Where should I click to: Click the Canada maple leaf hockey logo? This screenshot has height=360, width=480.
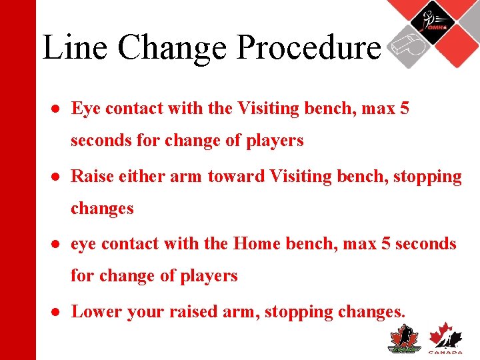click(445, 337)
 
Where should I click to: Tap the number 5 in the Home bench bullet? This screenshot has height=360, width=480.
click(385, 243)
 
